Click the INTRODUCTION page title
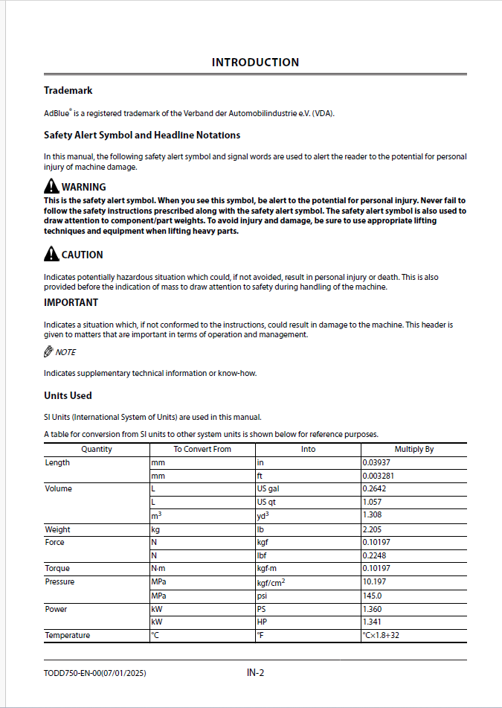255,63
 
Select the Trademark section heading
68,91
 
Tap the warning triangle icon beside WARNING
51,187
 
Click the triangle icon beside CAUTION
51,255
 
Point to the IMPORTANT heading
71,303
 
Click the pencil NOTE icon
49,352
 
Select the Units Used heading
68,395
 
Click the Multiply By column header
413,450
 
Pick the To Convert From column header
202,450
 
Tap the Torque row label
57,569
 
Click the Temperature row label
67,636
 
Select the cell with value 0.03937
375,463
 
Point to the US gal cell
266,489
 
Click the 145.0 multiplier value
372,596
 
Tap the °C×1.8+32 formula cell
387,636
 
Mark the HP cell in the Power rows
262,622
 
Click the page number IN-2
255,673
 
